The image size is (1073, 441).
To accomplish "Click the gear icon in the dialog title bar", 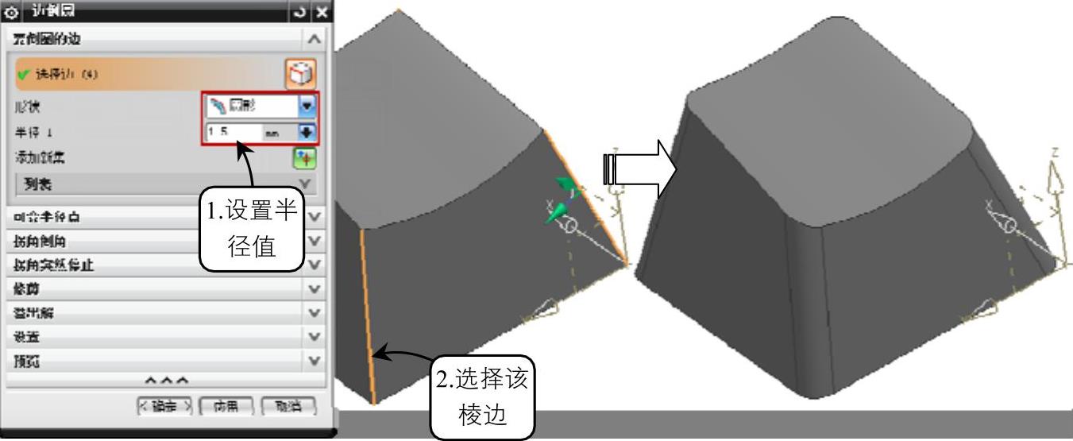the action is pyautogui.click(x=11, y=13).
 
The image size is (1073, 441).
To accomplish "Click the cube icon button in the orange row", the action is pyautogui.click(x=300, y=74).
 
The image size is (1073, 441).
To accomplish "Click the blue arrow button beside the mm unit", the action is pyautogui.click(x=307, y=132).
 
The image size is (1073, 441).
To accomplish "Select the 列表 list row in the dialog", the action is pyautogui.click(x=159, y=184).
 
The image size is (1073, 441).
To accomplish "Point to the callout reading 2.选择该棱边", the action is pyautogui.click(x=481, y=397).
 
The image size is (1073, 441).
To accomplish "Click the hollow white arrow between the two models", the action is pyautogui.click(x=639, y=169).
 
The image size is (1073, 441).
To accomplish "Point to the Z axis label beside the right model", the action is pyautogui.click(x=1054, y=151).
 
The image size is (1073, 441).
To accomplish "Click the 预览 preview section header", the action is pyautogui.click(x=159, y=362).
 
